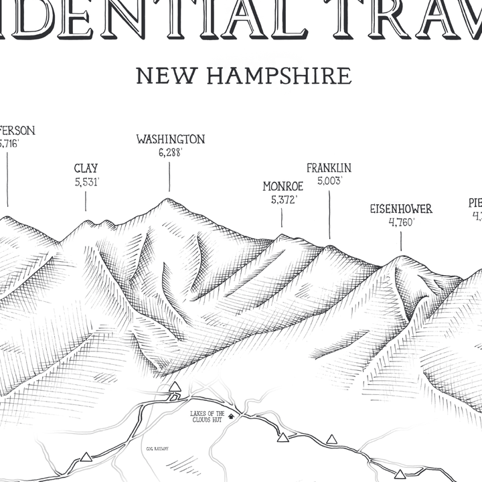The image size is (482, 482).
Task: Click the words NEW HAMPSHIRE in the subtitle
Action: [244, 76]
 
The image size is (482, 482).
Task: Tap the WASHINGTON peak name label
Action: [170, 139]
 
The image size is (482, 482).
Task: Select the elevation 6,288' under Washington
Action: [170, 153]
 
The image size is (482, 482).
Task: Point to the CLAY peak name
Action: [86, 169]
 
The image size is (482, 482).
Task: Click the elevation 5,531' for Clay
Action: [87, 182]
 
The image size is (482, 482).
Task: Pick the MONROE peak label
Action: [283, 186]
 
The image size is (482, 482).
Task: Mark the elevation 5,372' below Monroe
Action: [283, 199]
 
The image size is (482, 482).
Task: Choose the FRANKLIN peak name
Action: [329, 168]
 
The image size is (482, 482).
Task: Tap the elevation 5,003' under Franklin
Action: [329, 181]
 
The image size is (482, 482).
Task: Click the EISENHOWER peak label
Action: [401, 209]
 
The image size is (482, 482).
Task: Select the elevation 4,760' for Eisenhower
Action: [402, 222]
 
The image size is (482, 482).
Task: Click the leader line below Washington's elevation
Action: [169, 177]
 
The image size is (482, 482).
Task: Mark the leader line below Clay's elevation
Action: [86, 202]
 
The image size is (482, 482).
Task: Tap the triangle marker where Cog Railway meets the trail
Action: [175, 387]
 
